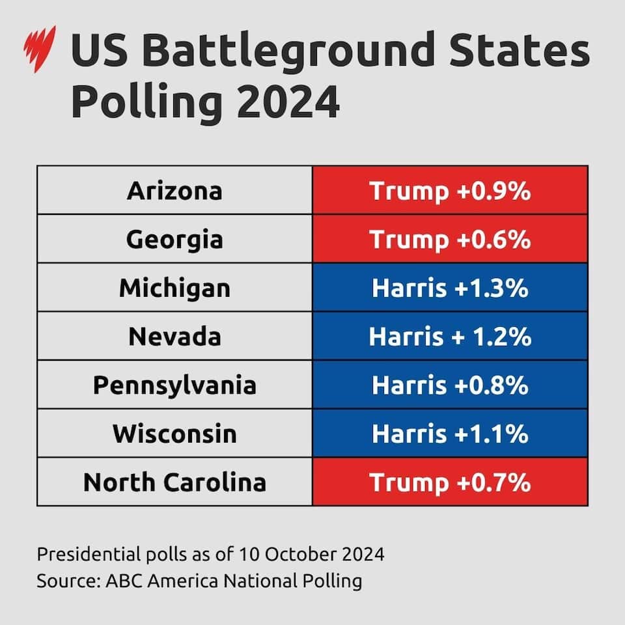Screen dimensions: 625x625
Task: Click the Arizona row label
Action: (x=174, y=191)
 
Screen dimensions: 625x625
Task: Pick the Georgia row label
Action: (x=174, y=239)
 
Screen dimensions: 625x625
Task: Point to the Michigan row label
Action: (x=174, y=288)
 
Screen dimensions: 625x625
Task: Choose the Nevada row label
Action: (x=174, y=337)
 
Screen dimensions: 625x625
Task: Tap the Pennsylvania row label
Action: (x=174, y=385)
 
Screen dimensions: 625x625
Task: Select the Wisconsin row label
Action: (x=174, y=434)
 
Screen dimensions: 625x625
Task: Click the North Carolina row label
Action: (x=174, y=482)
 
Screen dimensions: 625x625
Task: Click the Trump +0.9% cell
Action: (x=450, y=191)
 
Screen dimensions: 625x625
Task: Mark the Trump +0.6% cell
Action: (x=450, y=239)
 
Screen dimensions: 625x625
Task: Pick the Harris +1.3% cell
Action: (x=450, y=288)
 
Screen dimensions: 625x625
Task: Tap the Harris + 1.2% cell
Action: (x=450, y=337)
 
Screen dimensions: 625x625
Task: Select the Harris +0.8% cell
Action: (x=450, y=385)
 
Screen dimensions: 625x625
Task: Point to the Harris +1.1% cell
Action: (x=450, y=434)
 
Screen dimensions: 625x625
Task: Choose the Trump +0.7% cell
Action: (x=450, y=482)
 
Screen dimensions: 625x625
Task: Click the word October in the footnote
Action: (x=299, y=555)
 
